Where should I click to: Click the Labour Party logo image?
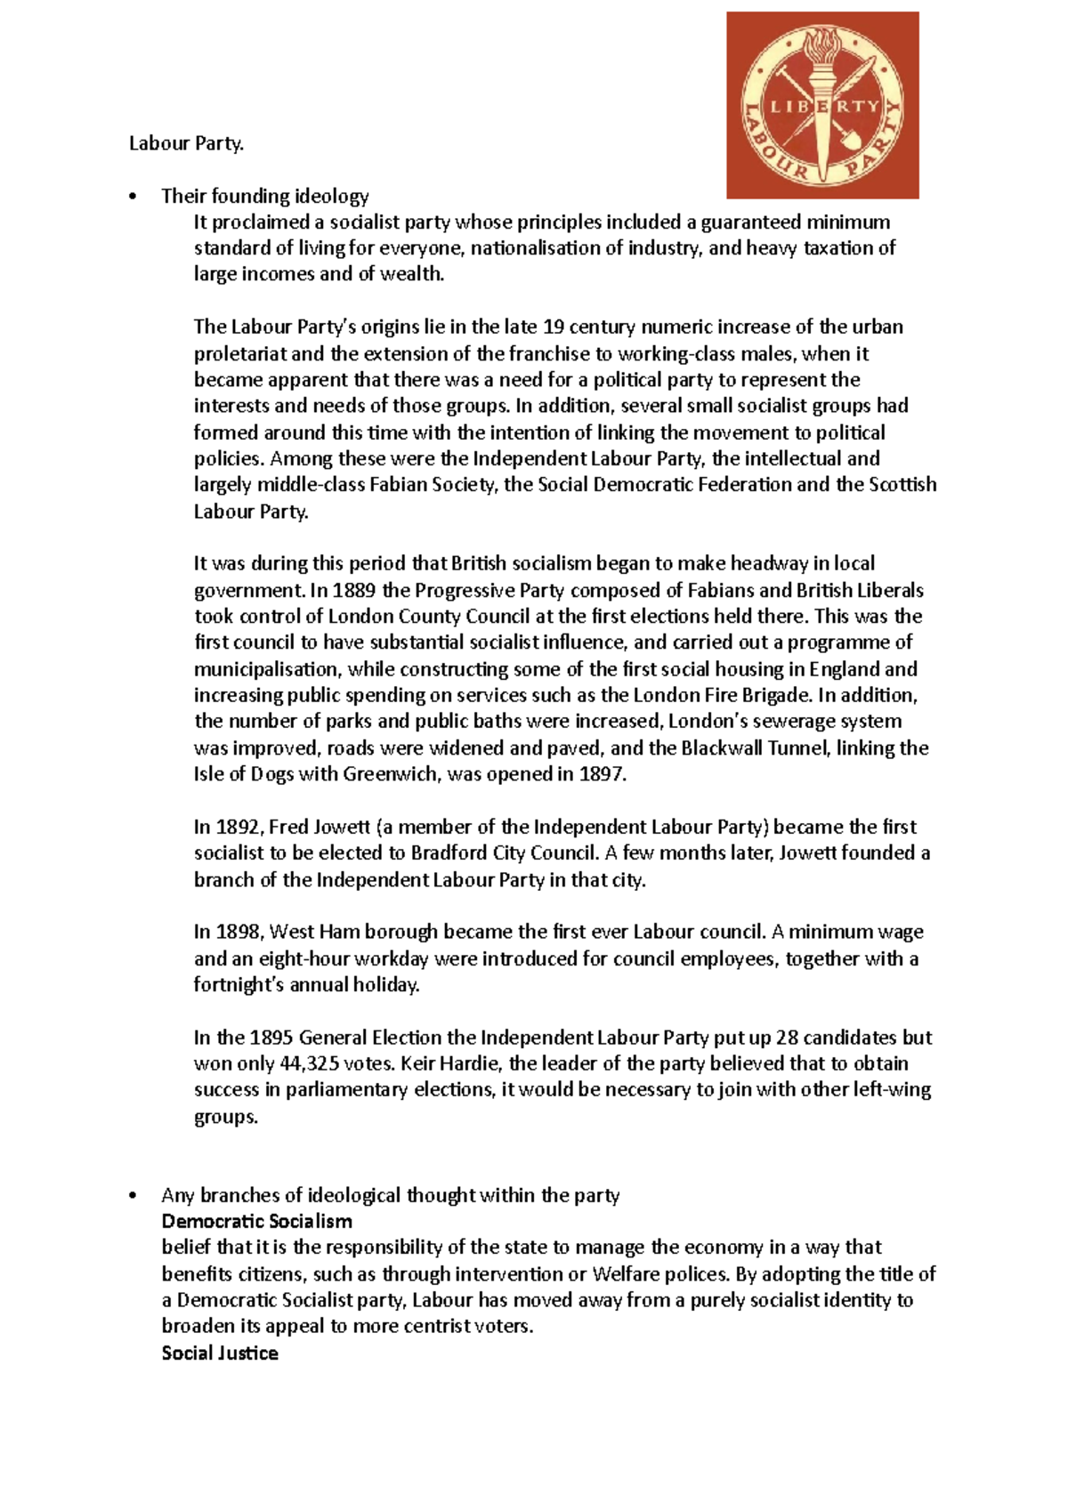tap(822, 105)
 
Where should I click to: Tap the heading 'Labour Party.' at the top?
tap(186, 143)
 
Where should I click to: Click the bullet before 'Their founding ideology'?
tap(133, 197)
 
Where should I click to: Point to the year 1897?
tap(602, 775)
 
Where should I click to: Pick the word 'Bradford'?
tap(449, 853)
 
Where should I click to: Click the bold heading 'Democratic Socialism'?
tap(256, 1222)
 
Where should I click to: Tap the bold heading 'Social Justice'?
tap(220, 1353)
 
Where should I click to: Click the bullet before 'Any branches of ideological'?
tap(133, 1196)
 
